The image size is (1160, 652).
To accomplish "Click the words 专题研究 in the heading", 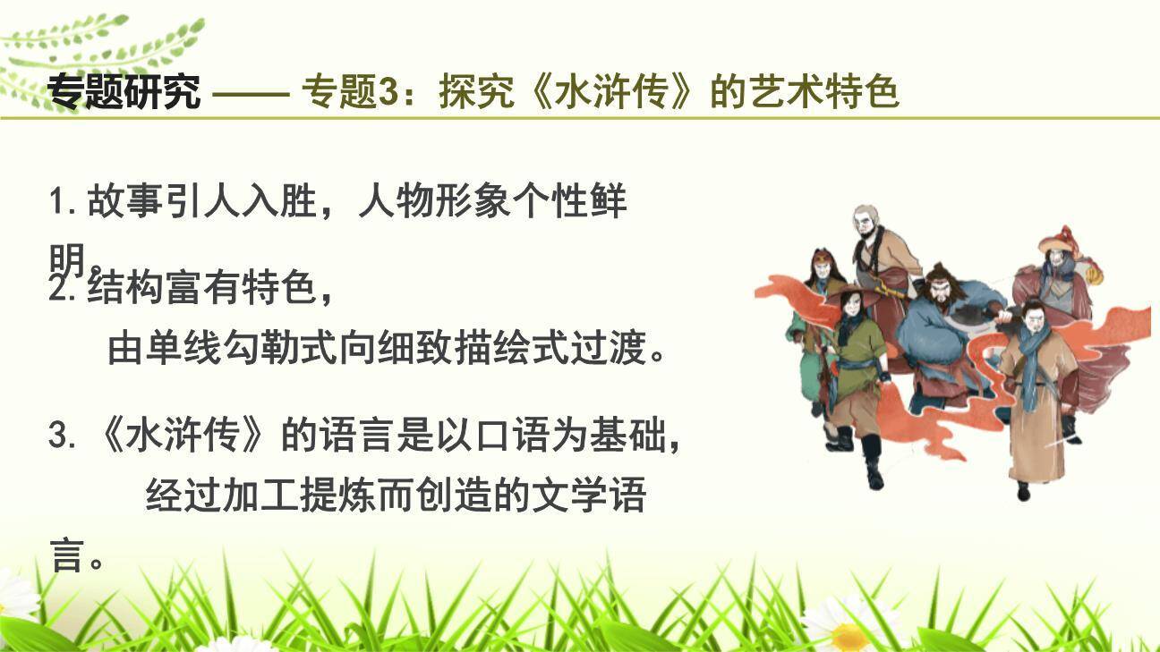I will [124, 92].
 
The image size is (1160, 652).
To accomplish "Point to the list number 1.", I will [59, 203].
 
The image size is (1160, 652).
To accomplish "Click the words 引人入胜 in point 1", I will [241, 203].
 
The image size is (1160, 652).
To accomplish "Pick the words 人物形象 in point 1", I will [434, 203].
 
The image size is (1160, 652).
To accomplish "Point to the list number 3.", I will [59, 437].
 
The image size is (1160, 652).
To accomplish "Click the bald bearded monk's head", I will [866, 220].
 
